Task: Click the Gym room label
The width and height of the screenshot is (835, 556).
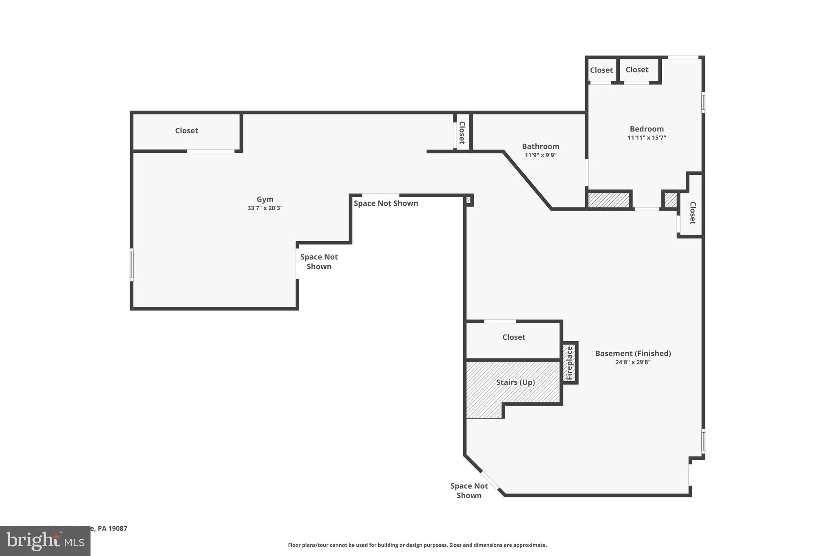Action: pos(265,199)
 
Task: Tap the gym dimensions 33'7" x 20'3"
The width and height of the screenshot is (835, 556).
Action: pos(265,208)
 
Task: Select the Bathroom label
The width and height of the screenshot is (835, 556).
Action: pos(541,146)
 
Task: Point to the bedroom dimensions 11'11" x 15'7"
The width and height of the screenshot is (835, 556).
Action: pos(647,138)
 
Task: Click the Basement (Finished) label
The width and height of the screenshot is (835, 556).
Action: pos(633,353)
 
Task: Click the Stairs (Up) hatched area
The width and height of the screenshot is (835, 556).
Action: pos(515,382)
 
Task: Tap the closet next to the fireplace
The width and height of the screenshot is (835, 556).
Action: pos(513,337)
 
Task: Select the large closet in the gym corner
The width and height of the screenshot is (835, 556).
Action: pos(186,131)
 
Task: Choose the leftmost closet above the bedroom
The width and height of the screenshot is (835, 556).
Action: pos(601,70)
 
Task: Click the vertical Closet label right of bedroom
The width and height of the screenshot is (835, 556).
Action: pos(692,213)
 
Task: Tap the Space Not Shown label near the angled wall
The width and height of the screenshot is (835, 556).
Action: pos(469,490)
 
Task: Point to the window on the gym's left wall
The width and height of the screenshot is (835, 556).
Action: pos(132,265)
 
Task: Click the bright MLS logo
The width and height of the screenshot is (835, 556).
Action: pos(45,541)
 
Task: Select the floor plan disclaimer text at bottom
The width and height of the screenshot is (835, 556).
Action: pos(417,545)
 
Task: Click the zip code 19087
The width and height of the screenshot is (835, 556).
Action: pos(118,528)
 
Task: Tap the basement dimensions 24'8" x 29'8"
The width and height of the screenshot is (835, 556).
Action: pos(633,362)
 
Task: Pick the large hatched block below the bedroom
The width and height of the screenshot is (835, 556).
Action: pos(609,200)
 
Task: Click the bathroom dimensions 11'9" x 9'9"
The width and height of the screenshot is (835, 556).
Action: pos(541,155)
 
